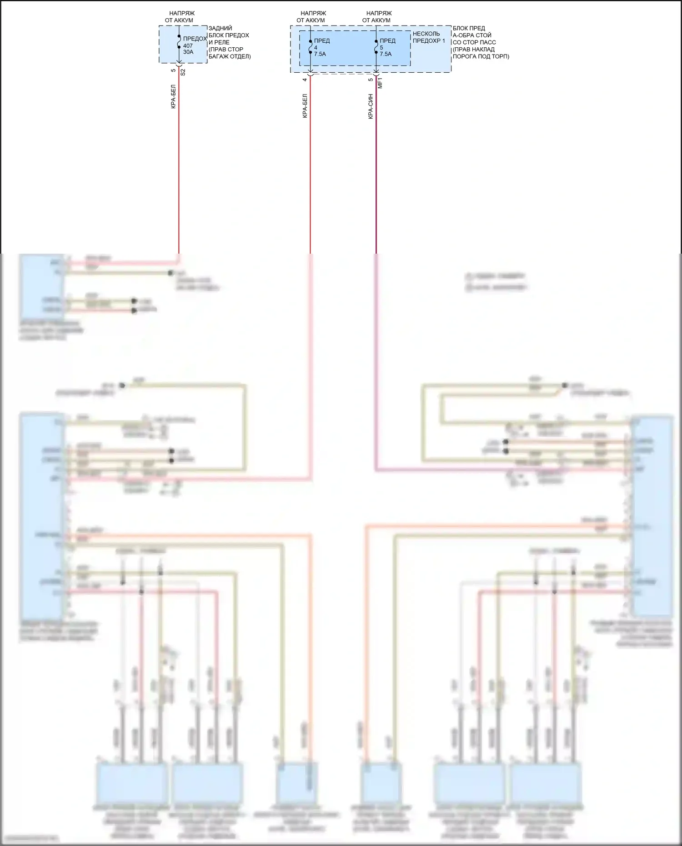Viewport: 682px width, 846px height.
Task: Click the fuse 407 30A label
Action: click(x=188, y=49)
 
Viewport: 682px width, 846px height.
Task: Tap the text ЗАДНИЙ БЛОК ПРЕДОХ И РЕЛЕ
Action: click(x=229, y=35)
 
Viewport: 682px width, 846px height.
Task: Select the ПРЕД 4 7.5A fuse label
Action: click(x=321, y=47)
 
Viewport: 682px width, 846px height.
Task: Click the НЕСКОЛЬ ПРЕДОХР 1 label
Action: click(x=428, y=37)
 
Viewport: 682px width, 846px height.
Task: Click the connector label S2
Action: click(x=183, y=72)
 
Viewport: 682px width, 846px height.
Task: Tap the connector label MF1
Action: click(x=381, y=83)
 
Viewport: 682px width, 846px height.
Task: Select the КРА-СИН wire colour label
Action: click(x=371, y=107)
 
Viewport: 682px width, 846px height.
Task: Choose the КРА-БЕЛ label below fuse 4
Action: click(x=305, y=106)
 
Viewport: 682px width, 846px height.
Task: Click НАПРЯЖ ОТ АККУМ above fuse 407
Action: click(x=180, y=17)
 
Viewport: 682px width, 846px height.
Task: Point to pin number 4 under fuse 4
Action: click(x=305, y=80)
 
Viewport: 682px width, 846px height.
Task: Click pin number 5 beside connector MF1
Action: click(x=371, y=80)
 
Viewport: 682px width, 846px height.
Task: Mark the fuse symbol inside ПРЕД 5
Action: click(x=376, y=47)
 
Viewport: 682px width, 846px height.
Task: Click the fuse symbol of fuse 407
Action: click(x=179, y=45)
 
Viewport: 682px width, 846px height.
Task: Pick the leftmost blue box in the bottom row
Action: click(x=132, y=783)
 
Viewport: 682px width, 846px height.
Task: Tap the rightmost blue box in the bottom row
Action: click(x=545, y=783)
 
